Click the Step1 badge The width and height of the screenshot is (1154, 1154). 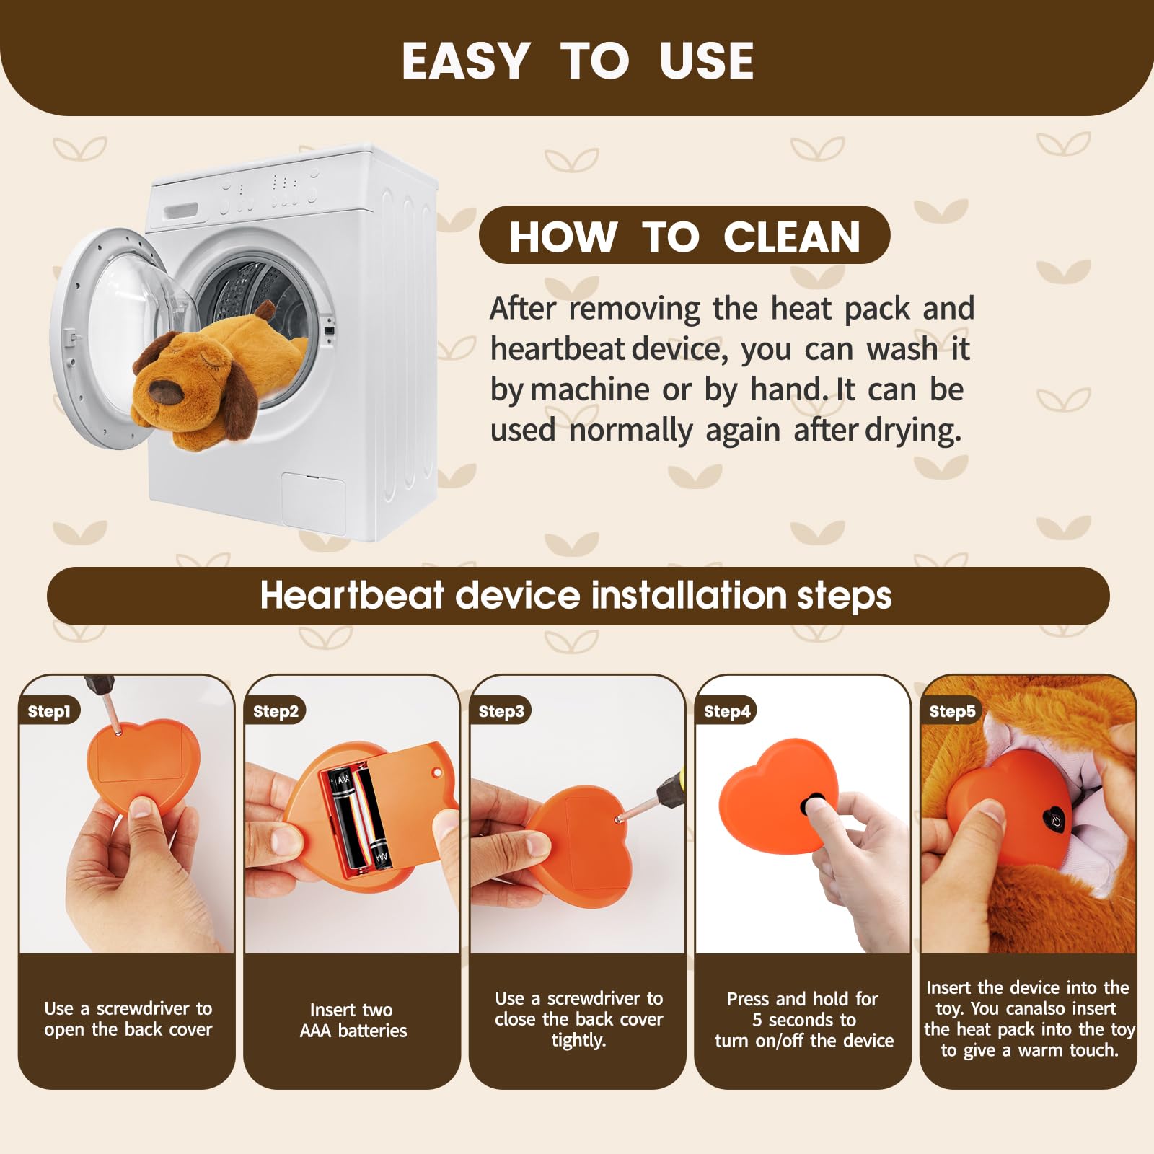click(48, 711)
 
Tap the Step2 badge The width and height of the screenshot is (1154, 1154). click(275, 711)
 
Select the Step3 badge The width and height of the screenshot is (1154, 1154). click(501, 711)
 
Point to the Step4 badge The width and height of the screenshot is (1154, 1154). click(726, 711)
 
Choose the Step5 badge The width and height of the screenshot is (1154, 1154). click(951, 711)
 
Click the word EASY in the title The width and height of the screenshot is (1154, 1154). click(466, 61)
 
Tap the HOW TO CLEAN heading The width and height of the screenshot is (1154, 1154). click(684, 237)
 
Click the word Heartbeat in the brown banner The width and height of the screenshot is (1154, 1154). click(352, 596)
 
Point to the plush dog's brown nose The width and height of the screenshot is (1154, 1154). click(163, 390)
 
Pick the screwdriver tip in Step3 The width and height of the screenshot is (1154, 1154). click(619, 819)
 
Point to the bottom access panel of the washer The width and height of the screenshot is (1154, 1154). click(314, 503)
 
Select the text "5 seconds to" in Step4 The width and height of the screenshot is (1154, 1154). click(804, 1020)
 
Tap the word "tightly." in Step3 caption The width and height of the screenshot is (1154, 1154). click(578, 1040)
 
